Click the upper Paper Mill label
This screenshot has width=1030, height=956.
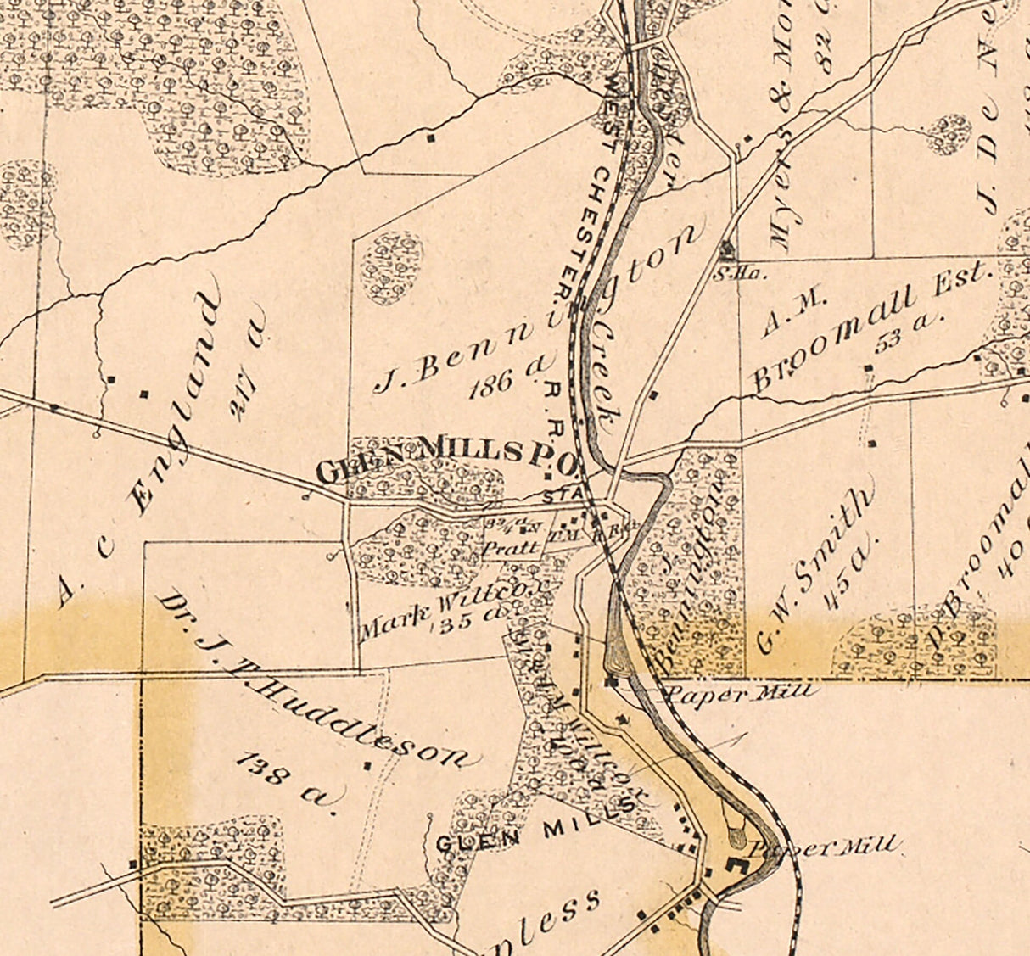(x=741, y=692)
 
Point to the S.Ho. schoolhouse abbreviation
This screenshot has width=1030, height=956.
(x=727, y=273)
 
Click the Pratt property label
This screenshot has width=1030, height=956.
(x=511, y=548)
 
